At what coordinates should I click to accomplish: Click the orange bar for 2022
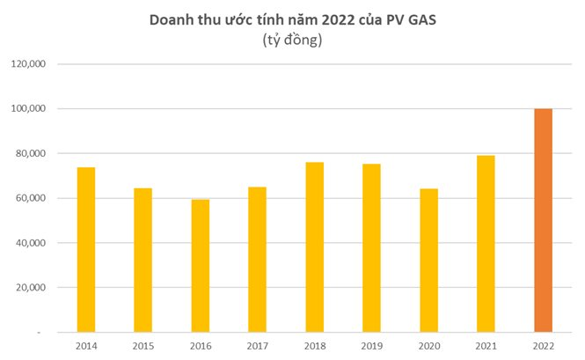[x=544, y=220]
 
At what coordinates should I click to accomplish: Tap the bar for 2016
[x=201, y=265]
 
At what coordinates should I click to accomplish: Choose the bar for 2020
[x=429, y=260]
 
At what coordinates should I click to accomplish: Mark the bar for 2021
[x=486, y=243]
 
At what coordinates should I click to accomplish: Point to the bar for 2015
[x=143, y=260]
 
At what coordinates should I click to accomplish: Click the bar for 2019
[x=372, y=247]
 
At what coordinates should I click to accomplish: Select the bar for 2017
[x=258, y=259]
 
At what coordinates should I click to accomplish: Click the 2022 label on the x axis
[x=544, y=347]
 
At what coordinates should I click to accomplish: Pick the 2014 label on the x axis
[x=86, y=347]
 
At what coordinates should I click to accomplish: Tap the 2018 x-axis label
[x=315, y=347]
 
